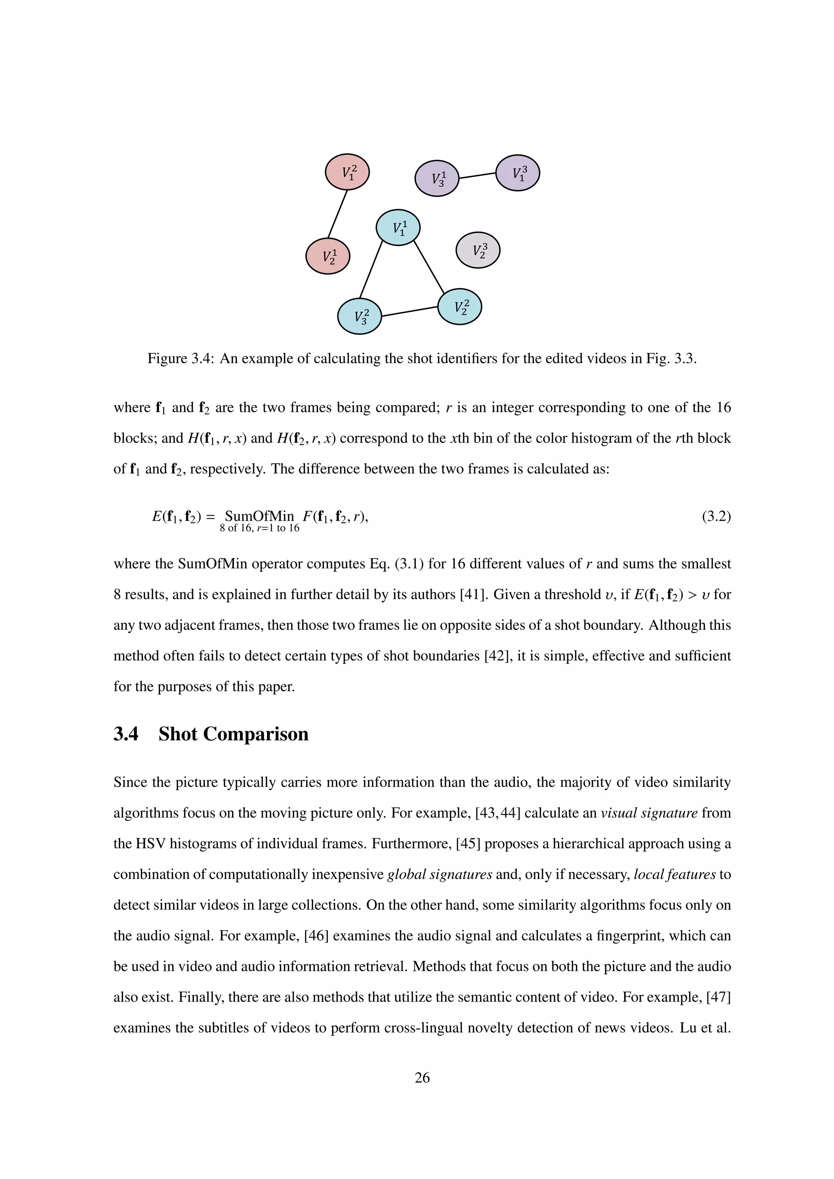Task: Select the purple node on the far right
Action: [517, 173]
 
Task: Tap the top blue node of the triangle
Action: [398, 227]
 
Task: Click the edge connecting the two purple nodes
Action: [477, 175]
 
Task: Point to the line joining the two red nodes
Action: [338, 214]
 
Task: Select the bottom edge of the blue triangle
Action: [409, 311]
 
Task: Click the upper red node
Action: [347, 171]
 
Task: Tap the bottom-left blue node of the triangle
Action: [360, 316]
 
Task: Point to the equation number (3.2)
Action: [716, 516]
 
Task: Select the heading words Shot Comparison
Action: [233, 734]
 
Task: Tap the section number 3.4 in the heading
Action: [126, 734]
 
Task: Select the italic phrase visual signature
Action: [649, 813]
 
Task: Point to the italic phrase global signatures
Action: [439, 874]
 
